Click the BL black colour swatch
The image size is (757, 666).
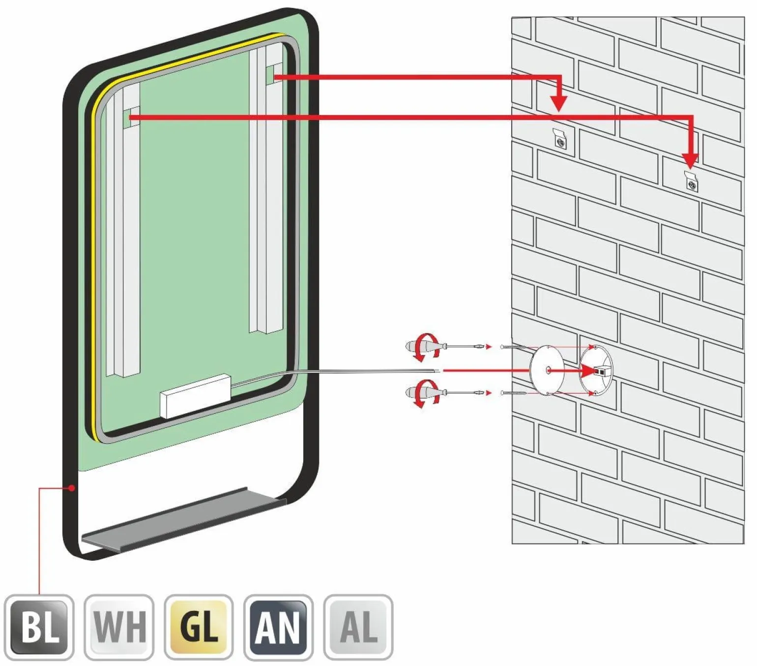[x=39, y=627]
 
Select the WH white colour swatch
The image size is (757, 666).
[x=119, y=627]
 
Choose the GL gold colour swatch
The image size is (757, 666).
[x=199, y=627]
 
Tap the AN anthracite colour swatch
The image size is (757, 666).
[x=278, y=627]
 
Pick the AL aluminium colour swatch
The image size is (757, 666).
[x=358, y=627]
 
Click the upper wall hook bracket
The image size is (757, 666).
[x=560, y=140]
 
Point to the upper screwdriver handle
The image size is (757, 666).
[x=418, y=346]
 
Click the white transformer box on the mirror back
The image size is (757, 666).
[x=195, y=396]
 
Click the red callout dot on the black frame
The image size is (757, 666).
[x=72, y=488]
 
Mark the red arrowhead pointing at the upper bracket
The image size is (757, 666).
[x=558, y=103]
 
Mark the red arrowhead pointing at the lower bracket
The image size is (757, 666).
[x=690, y=160]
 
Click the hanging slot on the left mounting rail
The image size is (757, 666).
[x=131, y=116]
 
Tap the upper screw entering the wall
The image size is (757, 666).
[x=514, y=347]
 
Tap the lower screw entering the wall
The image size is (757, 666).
[x=514, y=393]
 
